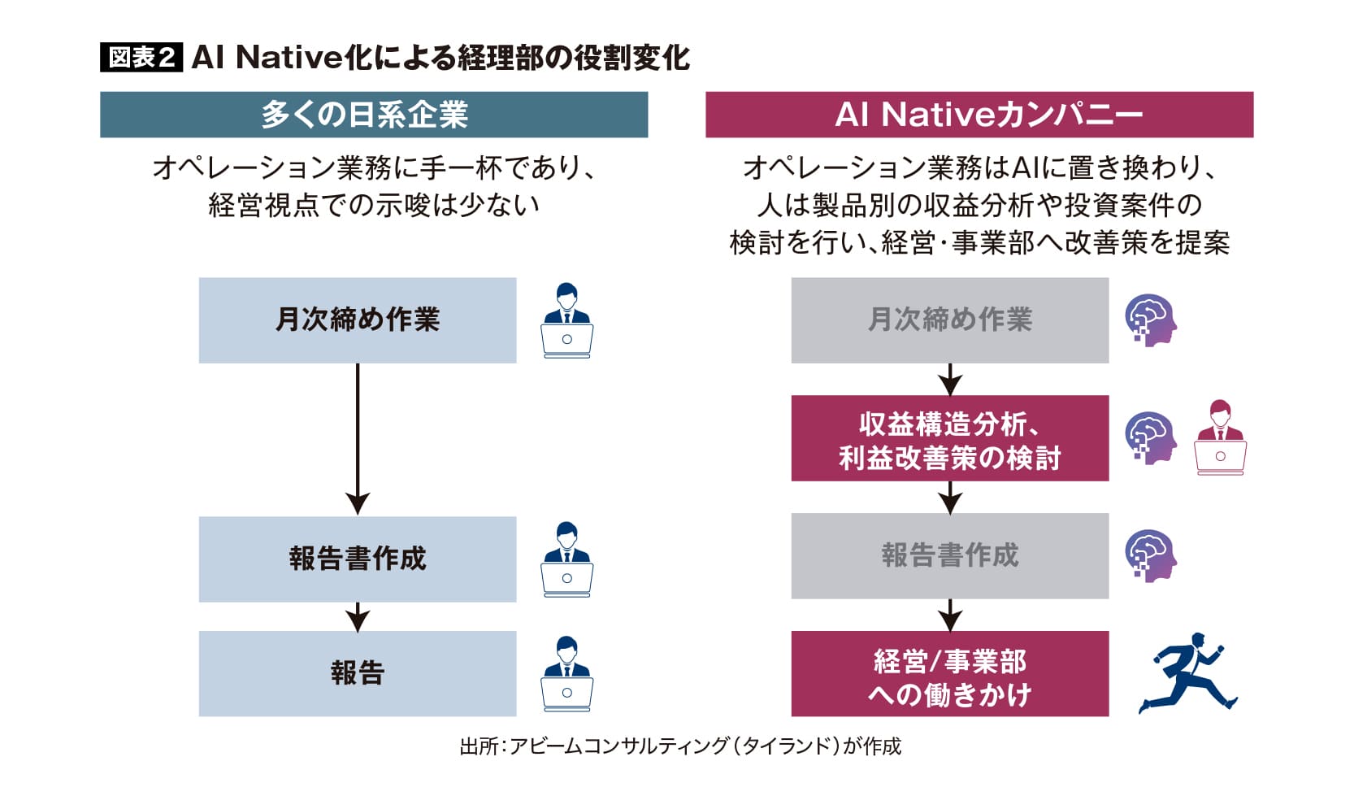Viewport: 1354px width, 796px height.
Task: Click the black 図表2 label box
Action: click(141, 58)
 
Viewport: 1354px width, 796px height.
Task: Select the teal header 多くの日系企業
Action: click(374, 115)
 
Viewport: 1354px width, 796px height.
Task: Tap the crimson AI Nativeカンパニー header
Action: click(979, 115)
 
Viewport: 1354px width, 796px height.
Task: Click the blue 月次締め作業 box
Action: click(358, 320)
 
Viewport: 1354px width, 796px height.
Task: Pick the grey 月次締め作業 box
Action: click(949, 320)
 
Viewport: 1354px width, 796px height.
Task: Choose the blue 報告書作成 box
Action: click(358, 559)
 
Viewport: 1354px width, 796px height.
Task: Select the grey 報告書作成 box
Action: click(949, 556)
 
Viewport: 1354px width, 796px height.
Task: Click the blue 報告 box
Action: click(358, 673)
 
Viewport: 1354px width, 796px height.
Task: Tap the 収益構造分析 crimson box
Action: click(949, 438)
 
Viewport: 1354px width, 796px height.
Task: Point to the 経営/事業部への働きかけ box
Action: click(949, 673)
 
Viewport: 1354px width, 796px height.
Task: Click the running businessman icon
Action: click(1187, 673)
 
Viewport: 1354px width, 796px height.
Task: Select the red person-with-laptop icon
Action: click(1220, 437)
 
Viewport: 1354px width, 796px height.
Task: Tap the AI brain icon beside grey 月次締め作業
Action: click(1150, 320)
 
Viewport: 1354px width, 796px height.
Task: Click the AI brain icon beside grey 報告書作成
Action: click(1150, 556)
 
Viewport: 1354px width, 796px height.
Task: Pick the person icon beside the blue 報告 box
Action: click(566, 673)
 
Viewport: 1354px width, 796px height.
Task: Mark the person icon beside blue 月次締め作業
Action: click(566, 320)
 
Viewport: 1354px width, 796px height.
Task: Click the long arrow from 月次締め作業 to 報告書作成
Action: click(358, 439)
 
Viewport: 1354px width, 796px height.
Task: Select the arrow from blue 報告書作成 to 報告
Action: click(358, 617)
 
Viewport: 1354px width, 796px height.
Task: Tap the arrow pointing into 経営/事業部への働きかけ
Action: click(949, 615)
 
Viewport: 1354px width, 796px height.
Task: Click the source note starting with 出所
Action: click(680, 746)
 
